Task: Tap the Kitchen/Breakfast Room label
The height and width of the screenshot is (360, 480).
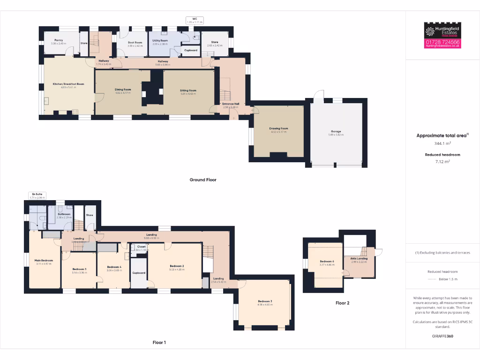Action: tap(68, 84)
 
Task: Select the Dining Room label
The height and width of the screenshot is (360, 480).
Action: tap(123, 89)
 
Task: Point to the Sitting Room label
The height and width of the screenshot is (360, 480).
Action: tap(188, 90)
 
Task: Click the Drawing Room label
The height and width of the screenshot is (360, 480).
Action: tap(278, 128)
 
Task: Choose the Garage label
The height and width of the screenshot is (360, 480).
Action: tap(336, 132)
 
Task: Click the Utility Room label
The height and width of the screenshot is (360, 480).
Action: tap(160, 41)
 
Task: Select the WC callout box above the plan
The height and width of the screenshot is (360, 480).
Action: tap(195, 20)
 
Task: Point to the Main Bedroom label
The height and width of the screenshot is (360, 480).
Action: tap(44, 261)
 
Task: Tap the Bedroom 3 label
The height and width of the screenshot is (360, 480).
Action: tap(265, 301)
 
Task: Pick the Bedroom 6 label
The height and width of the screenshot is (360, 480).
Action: tap(327, 262)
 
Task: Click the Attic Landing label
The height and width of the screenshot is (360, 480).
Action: tap(359, 258)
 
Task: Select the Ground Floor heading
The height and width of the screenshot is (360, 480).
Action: tap(203, 180)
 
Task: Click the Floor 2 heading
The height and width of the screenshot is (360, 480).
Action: tap(342, 303)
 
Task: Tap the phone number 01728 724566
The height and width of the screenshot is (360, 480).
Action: tap(442, 42)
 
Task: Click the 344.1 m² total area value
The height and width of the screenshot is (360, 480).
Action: tap(442, 143)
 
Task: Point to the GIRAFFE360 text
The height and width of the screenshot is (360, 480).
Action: tap(442, 336)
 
